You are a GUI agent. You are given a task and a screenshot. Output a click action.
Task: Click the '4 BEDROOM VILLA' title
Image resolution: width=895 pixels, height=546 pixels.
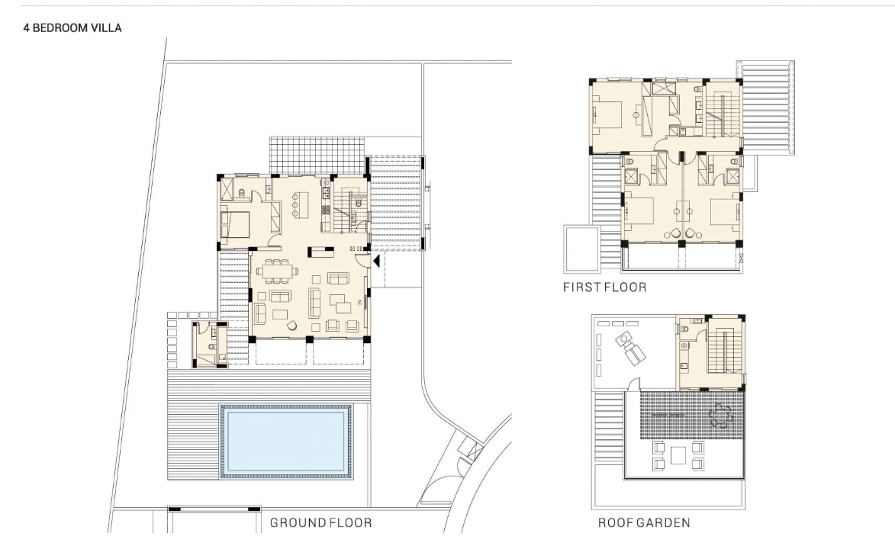tap(72, 28)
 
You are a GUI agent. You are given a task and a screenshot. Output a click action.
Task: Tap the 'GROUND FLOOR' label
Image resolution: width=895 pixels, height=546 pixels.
tap(320, 522)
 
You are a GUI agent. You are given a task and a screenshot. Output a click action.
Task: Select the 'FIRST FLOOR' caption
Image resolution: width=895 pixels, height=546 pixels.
tap(605, 287)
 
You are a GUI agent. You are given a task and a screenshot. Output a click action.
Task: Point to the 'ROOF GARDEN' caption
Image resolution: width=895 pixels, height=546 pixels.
tap(644, 522)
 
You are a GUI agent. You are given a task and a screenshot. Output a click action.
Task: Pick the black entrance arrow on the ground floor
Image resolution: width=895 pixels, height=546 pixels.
tap(376, 262)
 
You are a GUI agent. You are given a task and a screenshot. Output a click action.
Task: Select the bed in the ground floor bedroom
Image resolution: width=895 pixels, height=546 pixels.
tap(234, 224)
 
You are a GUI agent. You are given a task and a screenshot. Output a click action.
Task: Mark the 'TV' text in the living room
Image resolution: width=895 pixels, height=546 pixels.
tap(360, 303)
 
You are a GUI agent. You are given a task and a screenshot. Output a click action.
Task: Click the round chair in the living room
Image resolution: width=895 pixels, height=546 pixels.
tap(291, 326)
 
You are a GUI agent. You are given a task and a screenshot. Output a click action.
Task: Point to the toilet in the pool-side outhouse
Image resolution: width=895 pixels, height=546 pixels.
tap(211, 346)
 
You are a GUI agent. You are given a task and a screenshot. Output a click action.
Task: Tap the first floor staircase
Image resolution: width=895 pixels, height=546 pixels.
tap(723, 115)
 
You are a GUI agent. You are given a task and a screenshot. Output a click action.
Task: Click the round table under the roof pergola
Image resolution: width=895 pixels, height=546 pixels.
tap(720, 416)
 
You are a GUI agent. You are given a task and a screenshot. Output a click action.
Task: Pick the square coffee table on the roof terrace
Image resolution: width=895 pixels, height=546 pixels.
tap(678, 455)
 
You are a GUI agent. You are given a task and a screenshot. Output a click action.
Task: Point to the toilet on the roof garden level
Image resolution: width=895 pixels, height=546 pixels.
tap(683, 329)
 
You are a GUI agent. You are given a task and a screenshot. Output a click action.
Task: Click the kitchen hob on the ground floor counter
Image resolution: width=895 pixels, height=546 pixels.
tap(326, 210)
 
